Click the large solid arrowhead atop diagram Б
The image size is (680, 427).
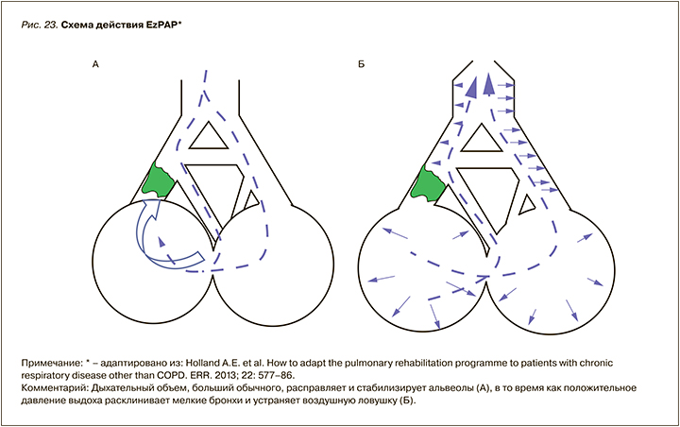point(487,88)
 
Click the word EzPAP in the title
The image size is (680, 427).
point(159,23)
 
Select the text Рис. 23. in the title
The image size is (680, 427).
point(37,23)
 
